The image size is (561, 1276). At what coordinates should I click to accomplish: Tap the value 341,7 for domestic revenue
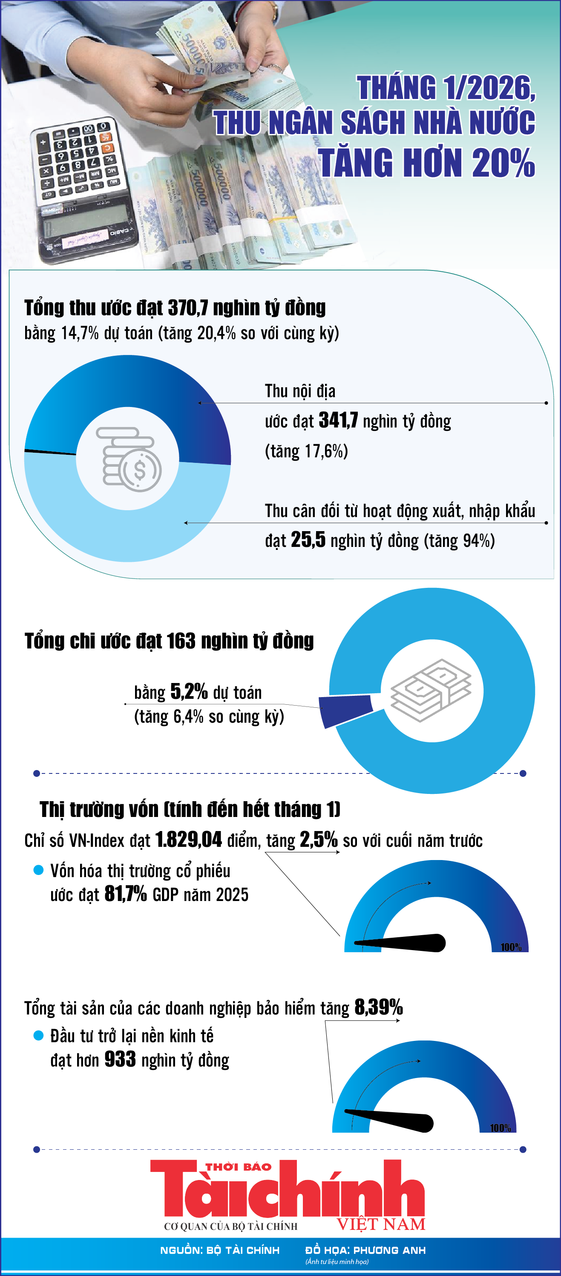tap(338, 420)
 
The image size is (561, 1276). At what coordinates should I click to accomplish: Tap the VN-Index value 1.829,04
tap(188, 840)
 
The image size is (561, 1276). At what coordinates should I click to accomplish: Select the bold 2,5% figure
tap(319, 840)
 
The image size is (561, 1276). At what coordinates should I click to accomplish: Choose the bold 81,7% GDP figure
tap(126, 894)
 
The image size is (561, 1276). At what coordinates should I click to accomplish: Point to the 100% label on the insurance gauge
tap(500, 1128)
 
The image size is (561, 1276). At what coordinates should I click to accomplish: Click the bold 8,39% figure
tap(378, 1007)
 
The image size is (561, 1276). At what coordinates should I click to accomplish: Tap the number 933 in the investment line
tap(120, 1060)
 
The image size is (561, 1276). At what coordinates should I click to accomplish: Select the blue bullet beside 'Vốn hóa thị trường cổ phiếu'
tap(38, 870)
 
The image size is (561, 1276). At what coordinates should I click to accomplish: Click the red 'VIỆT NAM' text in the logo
tap(381, 1224)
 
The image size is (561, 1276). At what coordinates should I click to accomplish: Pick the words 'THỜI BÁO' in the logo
tap(239, 1167)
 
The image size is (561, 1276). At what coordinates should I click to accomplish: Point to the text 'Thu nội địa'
tap(300, 391)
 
